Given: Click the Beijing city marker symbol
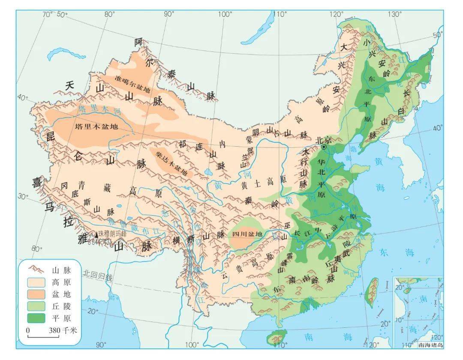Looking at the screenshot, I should (324, 147).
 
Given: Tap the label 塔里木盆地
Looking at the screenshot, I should (97, 127).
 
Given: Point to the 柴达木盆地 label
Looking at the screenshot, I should (170, 163).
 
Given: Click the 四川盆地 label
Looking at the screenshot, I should (247, 234).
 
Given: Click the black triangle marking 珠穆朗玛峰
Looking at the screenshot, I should (96, 235).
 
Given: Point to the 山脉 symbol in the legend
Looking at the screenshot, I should (37, 270).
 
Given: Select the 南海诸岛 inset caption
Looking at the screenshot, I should (430, 345).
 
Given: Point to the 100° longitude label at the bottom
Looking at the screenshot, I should (192, 345).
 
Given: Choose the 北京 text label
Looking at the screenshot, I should (324, 139).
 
